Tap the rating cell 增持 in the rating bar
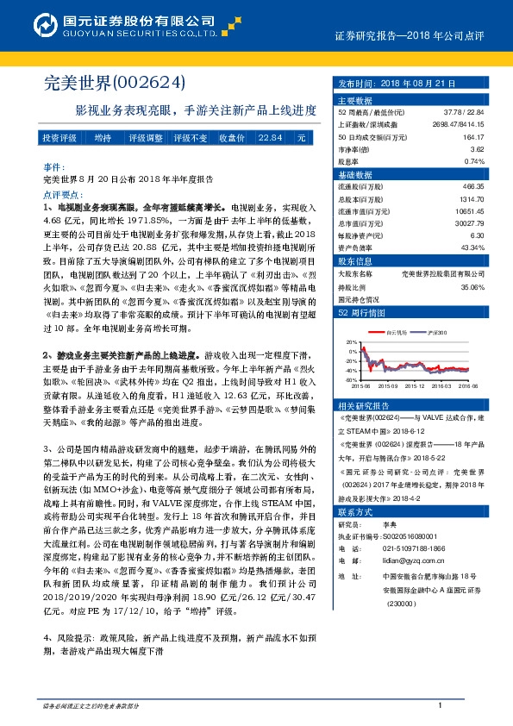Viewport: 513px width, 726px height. coord(103,138)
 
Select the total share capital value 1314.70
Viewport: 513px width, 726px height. coord(472,198)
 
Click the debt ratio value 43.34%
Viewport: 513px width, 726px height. coord(472,247)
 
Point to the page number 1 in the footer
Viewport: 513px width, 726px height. coord(441,706)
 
